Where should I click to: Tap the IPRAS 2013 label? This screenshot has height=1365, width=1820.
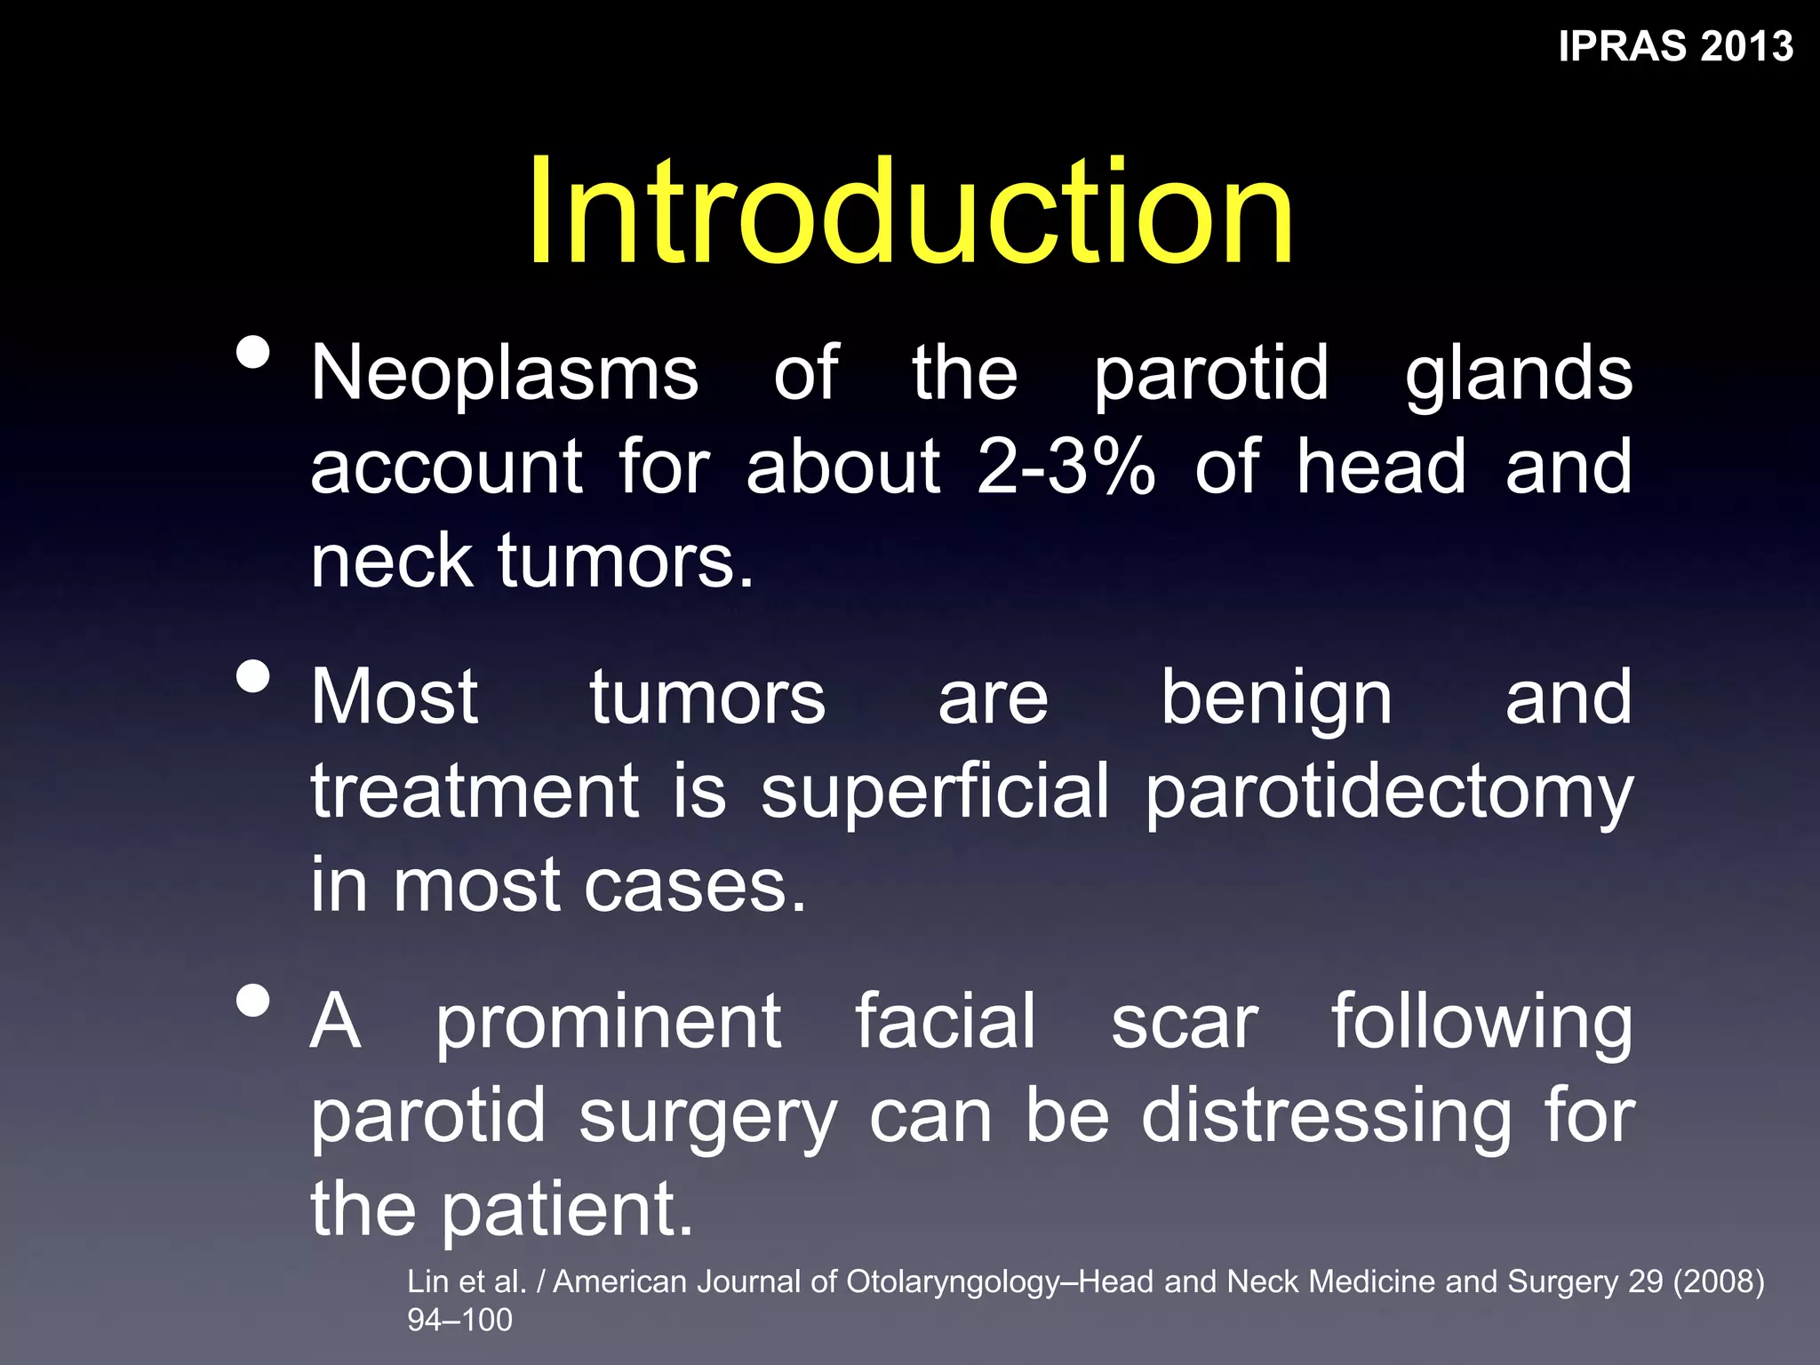[1675, 46]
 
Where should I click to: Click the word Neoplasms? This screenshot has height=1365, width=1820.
[505, 373]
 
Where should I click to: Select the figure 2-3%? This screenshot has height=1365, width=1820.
[1066, 467]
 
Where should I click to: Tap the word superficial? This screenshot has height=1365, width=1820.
[935, 791]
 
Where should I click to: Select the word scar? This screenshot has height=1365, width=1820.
[1184, 1022]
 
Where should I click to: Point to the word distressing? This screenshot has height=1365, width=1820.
[1326, 1118]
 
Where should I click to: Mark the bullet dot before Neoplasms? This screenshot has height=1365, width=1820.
[254, 352]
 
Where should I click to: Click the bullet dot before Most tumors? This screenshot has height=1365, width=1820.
[254, 676]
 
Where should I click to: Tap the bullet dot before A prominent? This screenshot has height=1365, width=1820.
[254, 1001]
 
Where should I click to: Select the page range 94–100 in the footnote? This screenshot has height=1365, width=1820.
[459, 1320]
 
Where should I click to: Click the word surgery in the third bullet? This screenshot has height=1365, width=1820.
[707, 1118]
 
